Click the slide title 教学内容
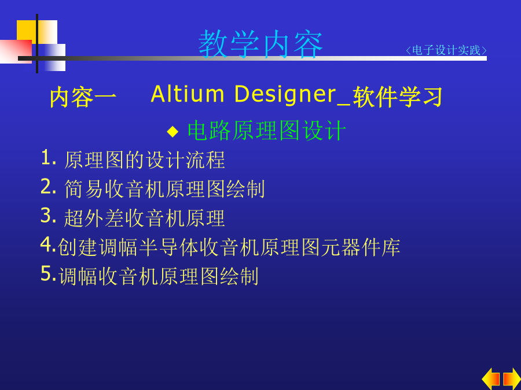(260, 44)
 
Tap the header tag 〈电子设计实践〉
(446, 50)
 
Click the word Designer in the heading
(285, 95)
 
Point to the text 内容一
(83, 97)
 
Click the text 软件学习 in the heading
(397, 97)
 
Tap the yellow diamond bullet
(173, 131)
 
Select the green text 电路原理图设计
(266, 131)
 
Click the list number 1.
(48, 157)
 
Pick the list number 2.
(48, 187)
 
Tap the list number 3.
(48, 216)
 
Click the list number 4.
(47, 245)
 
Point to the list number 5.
(48, 274)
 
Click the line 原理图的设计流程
(145, 160)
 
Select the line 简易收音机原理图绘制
(164, 189)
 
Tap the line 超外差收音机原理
(145, 218)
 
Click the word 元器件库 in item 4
(361, 247)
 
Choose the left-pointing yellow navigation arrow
(491, 379)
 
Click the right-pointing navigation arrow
(512, 379)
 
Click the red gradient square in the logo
(16, 52)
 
